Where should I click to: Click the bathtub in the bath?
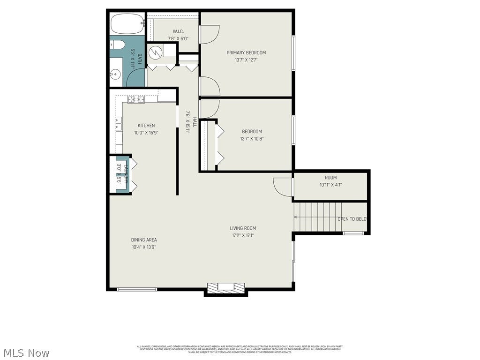127,23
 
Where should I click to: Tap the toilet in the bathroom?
117,45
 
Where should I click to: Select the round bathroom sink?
115,74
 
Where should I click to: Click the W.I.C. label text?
178,32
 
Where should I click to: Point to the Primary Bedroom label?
246,52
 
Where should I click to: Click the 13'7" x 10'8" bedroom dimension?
252,139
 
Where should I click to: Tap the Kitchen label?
146,126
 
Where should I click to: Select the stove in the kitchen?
136,99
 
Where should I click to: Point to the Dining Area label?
144,240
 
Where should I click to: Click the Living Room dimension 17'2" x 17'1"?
243,235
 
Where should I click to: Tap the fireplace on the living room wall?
226,288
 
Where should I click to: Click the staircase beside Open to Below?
317,217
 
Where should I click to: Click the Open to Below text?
352,219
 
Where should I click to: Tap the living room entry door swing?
282,187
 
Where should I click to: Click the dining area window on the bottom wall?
137,289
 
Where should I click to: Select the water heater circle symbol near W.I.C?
154,53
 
